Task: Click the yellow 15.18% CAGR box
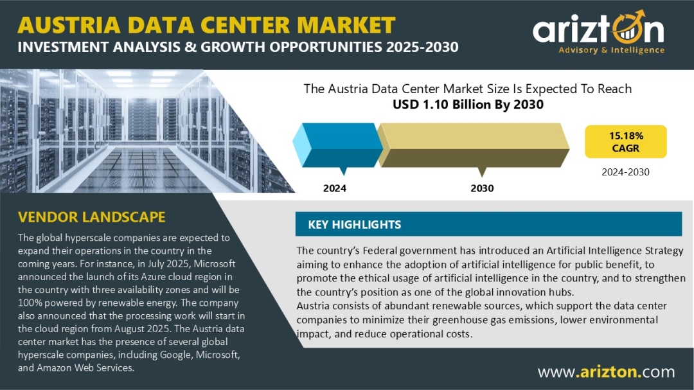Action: point(625,141)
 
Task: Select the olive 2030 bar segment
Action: point(476,144)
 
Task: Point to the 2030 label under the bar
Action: point(482,188)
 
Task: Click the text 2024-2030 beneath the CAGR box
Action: point(625,172)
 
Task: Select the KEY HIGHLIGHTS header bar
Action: point(488,224)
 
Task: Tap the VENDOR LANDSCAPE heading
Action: point(91,217)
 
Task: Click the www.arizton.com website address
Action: point(606,371)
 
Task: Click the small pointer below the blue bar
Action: point(343,171)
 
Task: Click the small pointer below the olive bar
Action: point(482,171)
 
